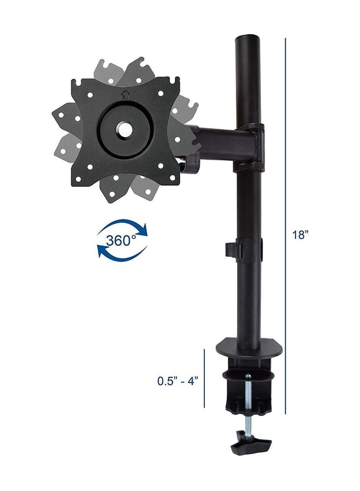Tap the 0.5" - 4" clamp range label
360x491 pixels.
[178, 381]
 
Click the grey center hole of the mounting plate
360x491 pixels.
[124, 128]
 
